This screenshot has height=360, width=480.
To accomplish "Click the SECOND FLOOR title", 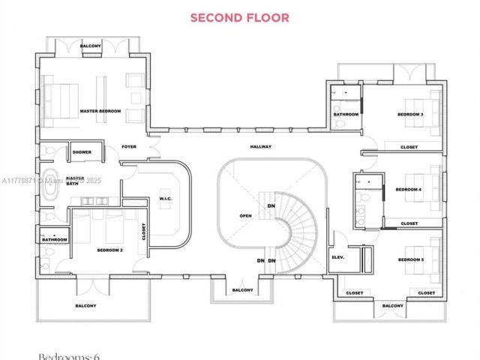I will pyautogui.click(x=239, y=17).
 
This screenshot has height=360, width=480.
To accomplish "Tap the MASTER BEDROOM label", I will pyautogui.click(x=100, y=111).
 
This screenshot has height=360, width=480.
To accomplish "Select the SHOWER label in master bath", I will pyautogui.click(x=82, y=152).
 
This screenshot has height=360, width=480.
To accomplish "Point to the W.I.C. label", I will pyautogui.click(x=166, y=199).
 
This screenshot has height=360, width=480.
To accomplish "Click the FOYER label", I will pyautogui.click(x=129, y=146).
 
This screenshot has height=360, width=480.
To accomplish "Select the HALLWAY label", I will pyautogui.click(x=261, y=146).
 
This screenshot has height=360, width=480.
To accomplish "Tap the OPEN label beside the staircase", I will pyautogui.click(x=245, y=215).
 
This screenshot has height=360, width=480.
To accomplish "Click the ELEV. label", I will pyautogui.click(x=337, y=257).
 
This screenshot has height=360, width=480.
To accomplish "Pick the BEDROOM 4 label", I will pyautogui.click(x=409, y=190).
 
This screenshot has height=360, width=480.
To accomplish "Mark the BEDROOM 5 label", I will pyautogui.click(x=410, y=259).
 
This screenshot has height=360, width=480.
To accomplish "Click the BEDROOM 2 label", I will pyautogui.click(x=110, y=250).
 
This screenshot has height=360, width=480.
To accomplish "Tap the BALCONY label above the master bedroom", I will pyautogui.click(x=91, y=45).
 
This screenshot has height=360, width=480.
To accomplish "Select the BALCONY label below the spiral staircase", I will pyautogui.click(x=242, y=290).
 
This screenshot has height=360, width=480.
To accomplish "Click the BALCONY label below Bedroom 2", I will pyautogui.click(x=85, y=305).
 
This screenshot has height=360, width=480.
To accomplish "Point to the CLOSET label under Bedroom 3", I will pyautogui.click(x=409, y=147).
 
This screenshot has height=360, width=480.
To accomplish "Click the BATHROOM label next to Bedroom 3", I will pyautogui.click(x=346, y=115).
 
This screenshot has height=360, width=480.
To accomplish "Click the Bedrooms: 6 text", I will pyautogui.click(x=70, y=355).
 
